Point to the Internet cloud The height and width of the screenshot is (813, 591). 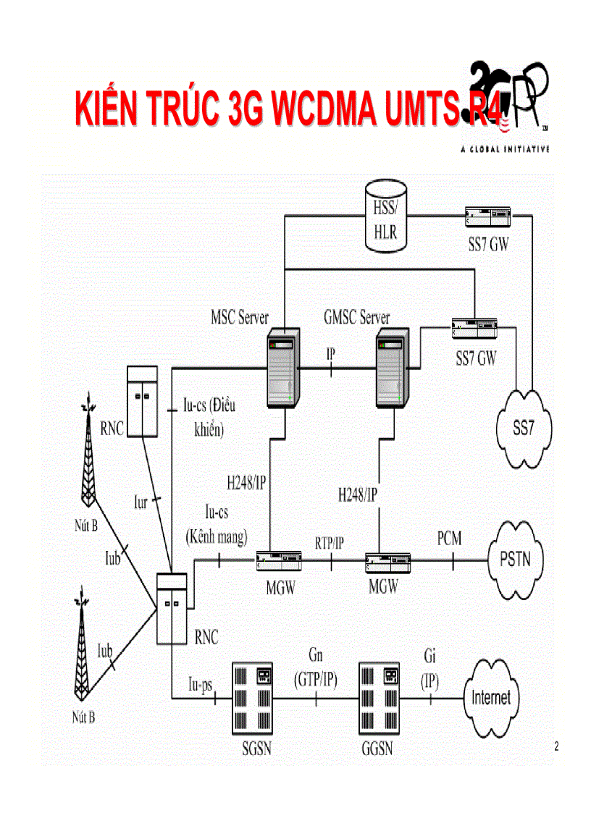pos(491,698)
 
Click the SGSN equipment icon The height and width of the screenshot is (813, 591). pos(252,697)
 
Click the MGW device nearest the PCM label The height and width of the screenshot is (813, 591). pos(387,560)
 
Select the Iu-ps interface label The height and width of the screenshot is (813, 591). pos(200,684)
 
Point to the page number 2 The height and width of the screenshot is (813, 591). pos(556,747)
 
